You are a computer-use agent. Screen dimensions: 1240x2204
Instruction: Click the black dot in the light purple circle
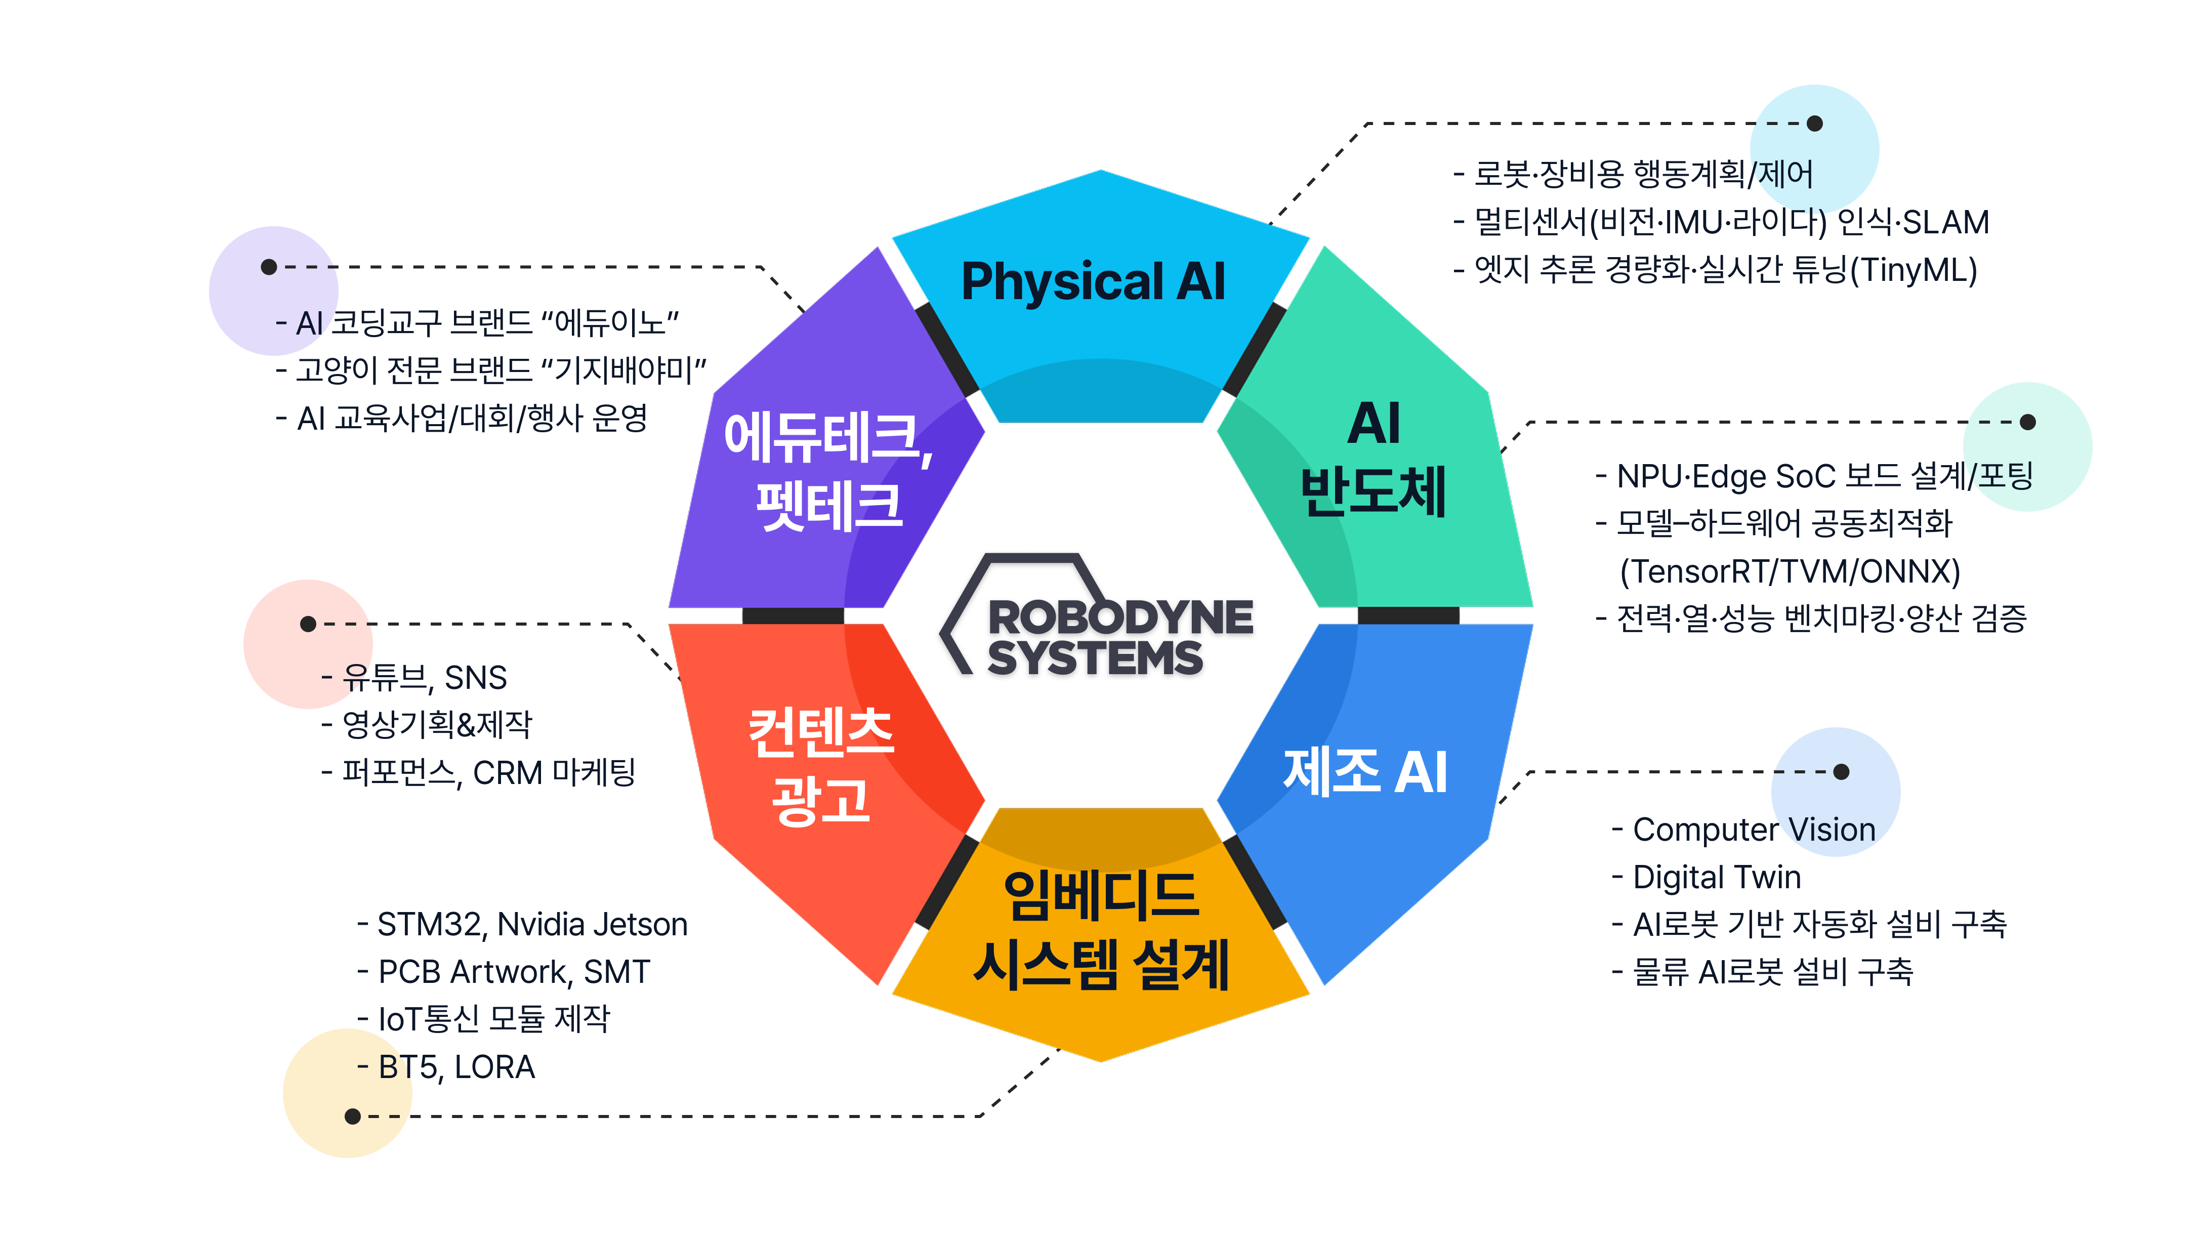pos(269,267)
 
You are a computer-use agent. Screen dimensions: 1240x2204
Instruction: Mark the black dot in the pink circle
pos(308,624)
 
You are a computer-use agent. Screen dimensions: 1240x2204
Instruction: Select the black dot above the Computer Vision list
pos(1841,772)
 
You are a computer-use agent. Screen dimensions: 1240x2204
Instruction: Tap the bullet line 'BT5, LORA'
pos(456,1067)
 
